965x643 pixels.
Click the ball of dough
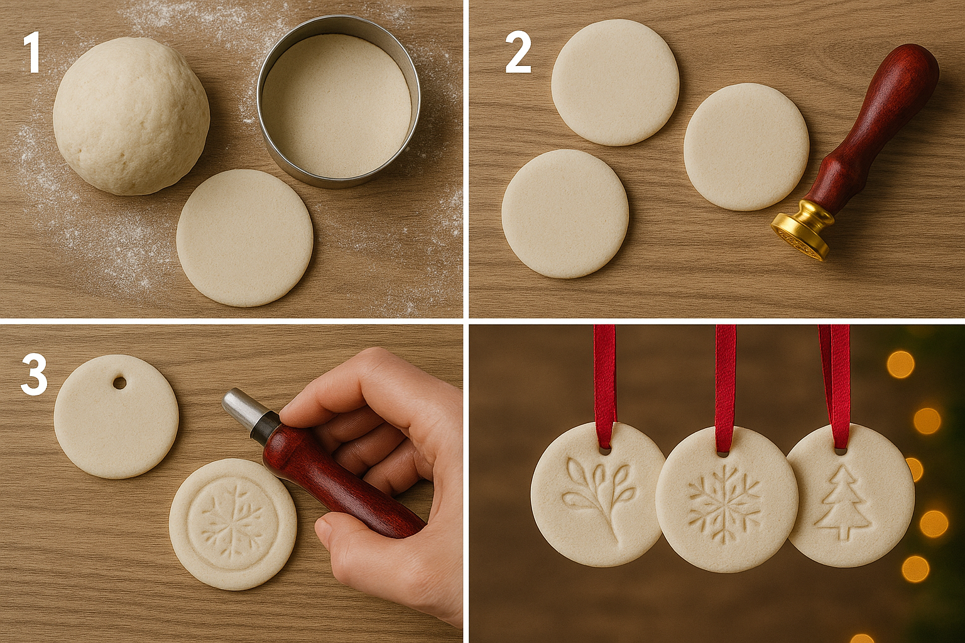(131, 116)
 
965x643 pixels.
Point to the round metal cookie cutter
(339, 102)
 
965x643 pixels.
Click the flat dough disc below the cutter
(244, 238)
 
